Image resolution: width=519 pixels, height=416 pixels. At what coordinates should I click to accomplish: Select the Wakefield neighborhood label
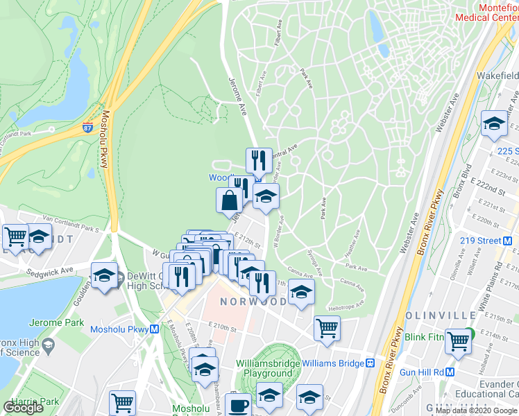[x=497, y=75]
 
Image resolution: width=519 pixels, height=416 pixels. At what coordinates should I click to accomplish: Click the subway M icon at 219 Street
[x=507, y=241]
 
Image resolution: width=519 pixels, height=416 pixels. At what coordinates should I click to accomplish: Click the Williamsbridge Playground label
[x=268, y=368]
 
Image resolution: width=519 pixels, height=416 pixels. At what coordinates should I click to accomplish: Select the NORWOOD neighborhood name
[x=253, y=302]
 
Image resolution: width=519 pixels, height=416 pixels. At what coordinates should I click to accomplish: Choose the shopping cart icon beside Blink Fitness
[x=459, y=340]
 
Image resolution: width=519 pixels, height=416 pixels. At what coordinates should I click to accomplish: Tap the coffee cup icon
[x=239, y=404]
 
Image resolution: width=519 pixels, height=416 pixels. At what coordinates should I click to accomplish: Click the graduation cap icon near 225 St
[x=493, y=123]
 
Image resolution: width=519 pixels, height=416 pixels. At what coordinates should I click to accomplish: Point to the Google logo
[x=24, y=408]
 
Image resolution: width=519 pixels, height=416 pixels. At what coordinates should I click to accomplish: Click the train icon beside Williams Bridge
[x=371, y=363]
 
